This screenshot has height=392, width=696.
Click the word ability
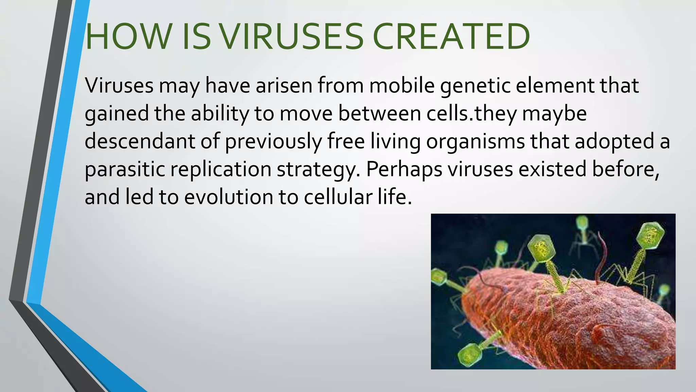click(x=220, y=114)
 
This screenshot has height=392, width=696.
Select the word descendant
click(x=140, y=141)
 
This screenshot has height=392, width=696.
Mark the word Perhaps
click(x=404, y=169)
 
